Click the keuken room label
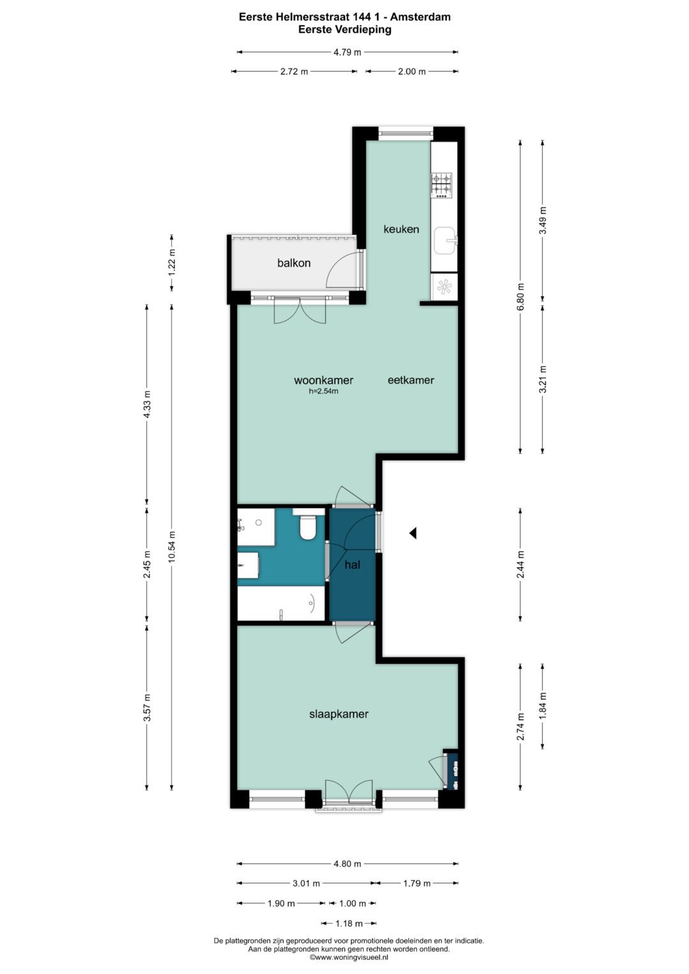(401, 229)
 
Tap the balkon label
(294, 263)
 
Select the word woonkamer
(323, 380)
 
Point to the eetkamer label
(411, 380)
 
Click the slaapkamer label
(339, 714)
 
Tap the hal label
(352, 565)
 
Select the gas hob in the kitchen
(441, 184)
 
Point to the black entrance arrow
(412, 533)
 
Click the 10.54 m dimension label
(172, 547)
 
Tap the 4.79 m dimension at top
(347, 52)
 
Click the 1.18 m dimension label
(349, 923)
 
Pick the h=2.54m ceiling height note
(323, 392)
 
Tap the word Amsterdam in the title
(420, 17)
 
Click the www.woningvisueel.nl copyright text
(349, 957)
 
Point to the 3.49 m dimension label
(543, 220)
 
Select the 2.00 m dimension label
(411, 71)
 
